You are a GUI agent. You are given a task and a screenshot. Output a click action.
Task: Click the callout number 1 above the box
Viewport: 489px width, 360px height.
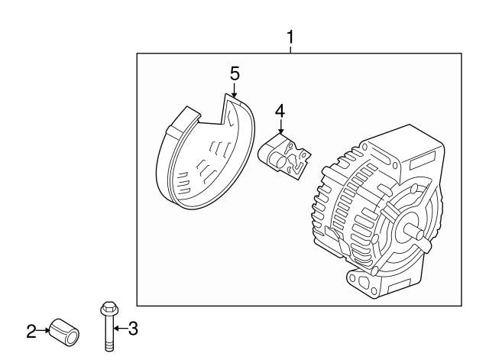(x=290, y=37)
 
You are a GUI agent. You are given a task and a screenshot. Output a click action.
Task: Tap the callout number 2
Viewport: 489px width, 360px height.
(x=31, y=331)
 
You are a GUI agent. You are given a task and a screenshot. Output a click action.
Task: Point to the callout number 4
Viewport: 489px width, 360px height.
(x=280, y=112)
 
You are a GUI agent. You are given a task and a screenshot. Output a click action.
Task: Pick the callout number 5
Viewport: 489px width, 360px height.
(x=235, y=73)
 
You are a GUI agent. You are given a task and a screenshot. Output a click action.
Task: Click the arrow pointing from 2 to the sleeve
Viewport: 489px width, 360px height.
(x=44, y=331)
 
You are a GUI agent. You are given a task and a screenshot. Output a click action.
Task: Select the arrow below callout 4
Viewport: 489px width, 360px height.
(x=280, y=130)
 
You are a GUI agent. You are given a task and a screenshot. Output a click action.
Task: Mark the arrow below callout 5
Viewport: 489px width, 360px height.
(x=235, y=92)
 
